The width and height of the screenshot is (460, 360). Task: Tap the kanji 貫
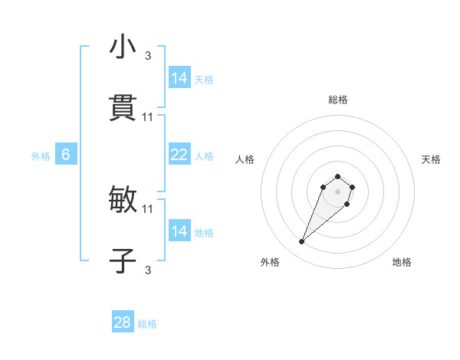coord(123,108)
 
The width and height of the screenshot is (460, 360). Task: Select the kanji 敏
coord(123,200)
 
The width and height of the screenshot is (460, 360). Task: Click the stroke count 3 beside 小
coord(148,56)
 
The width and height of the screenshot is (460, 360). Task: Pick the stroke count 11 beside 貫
coord(148,116)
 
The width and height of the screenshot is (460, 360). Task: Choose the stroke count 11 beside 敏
coord(148,208)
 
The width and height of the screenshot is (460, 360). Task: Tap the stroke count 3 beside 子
coord(148,270)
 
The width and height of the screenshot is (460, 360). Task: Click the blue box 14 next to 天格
coord(179,78)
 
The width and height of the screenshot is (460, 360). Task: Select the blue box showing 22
coord(179,155)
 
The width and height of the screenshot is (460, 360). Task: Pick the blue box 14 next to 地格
coord(179,231)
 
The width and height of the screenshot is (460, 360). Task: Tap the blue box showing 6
coord(66,155)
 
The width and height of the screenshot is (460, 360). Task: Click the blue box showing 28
coord(123,322)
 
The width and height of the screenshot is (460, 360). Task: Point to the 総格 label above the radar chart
coord(338,100)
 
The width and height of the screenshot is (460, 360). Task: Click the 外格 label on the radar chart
coord(270,262)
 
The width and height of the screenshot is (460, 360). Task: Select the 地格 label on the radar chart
coord(402,262)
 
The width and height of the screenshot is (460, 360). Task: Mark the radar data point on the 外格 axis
coord(302,242)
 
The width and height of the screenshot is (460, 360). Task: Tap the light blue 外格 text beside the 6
coord(41,156)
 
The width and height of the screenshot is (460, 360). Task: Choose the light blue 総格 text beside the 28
coord(148,324)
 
